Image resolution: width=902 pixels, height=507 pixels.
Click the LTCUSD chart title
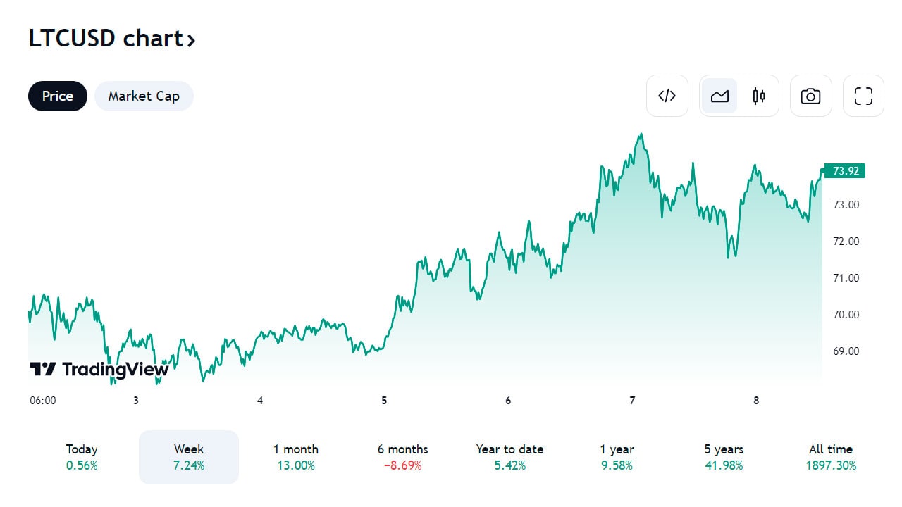coord(111,39)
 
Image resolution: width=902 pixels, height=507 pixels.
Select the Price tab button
coord(58,96)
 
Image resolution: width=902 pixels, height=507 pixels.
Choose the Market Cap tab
coord(144,96)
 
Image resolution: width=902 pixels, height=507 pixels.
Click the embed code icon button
coord(667,96)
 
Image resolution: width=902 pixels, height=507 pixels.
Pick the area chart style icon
coord(719,96)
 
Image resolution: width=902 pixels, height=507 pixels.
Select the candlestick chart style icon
coord(759,96)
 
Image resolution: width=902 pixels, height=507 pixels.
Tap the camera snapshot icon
coord(810,96)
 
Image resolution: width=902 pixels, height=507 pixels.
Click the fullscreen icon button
coord(863,96)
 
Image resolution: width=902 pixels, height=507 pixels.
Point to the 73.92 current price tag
coord(844,170)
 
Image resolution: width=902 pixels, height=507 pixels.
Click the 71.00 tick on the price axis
coord(846,278)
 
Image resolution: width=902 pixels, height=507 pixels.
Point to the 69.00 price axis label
coord(846,351)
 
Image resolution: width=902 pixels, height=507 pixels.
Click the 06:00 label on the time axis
coord(43,401)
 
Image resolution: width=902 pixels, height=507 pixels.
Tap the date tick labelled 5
coord(384,401)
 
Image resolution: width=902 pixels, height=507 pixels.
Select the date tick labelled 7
coord(632,401)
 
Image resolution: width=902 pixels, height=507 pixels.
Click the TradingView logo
coord(99,369)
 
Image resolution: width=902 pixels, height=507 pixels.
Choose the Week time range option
coord(189,456)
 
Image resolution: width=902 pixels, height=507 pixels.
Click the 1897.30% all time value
coord(831,465)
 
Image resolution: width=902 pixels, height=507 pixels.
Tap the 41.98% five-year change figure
coord(724,465)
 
